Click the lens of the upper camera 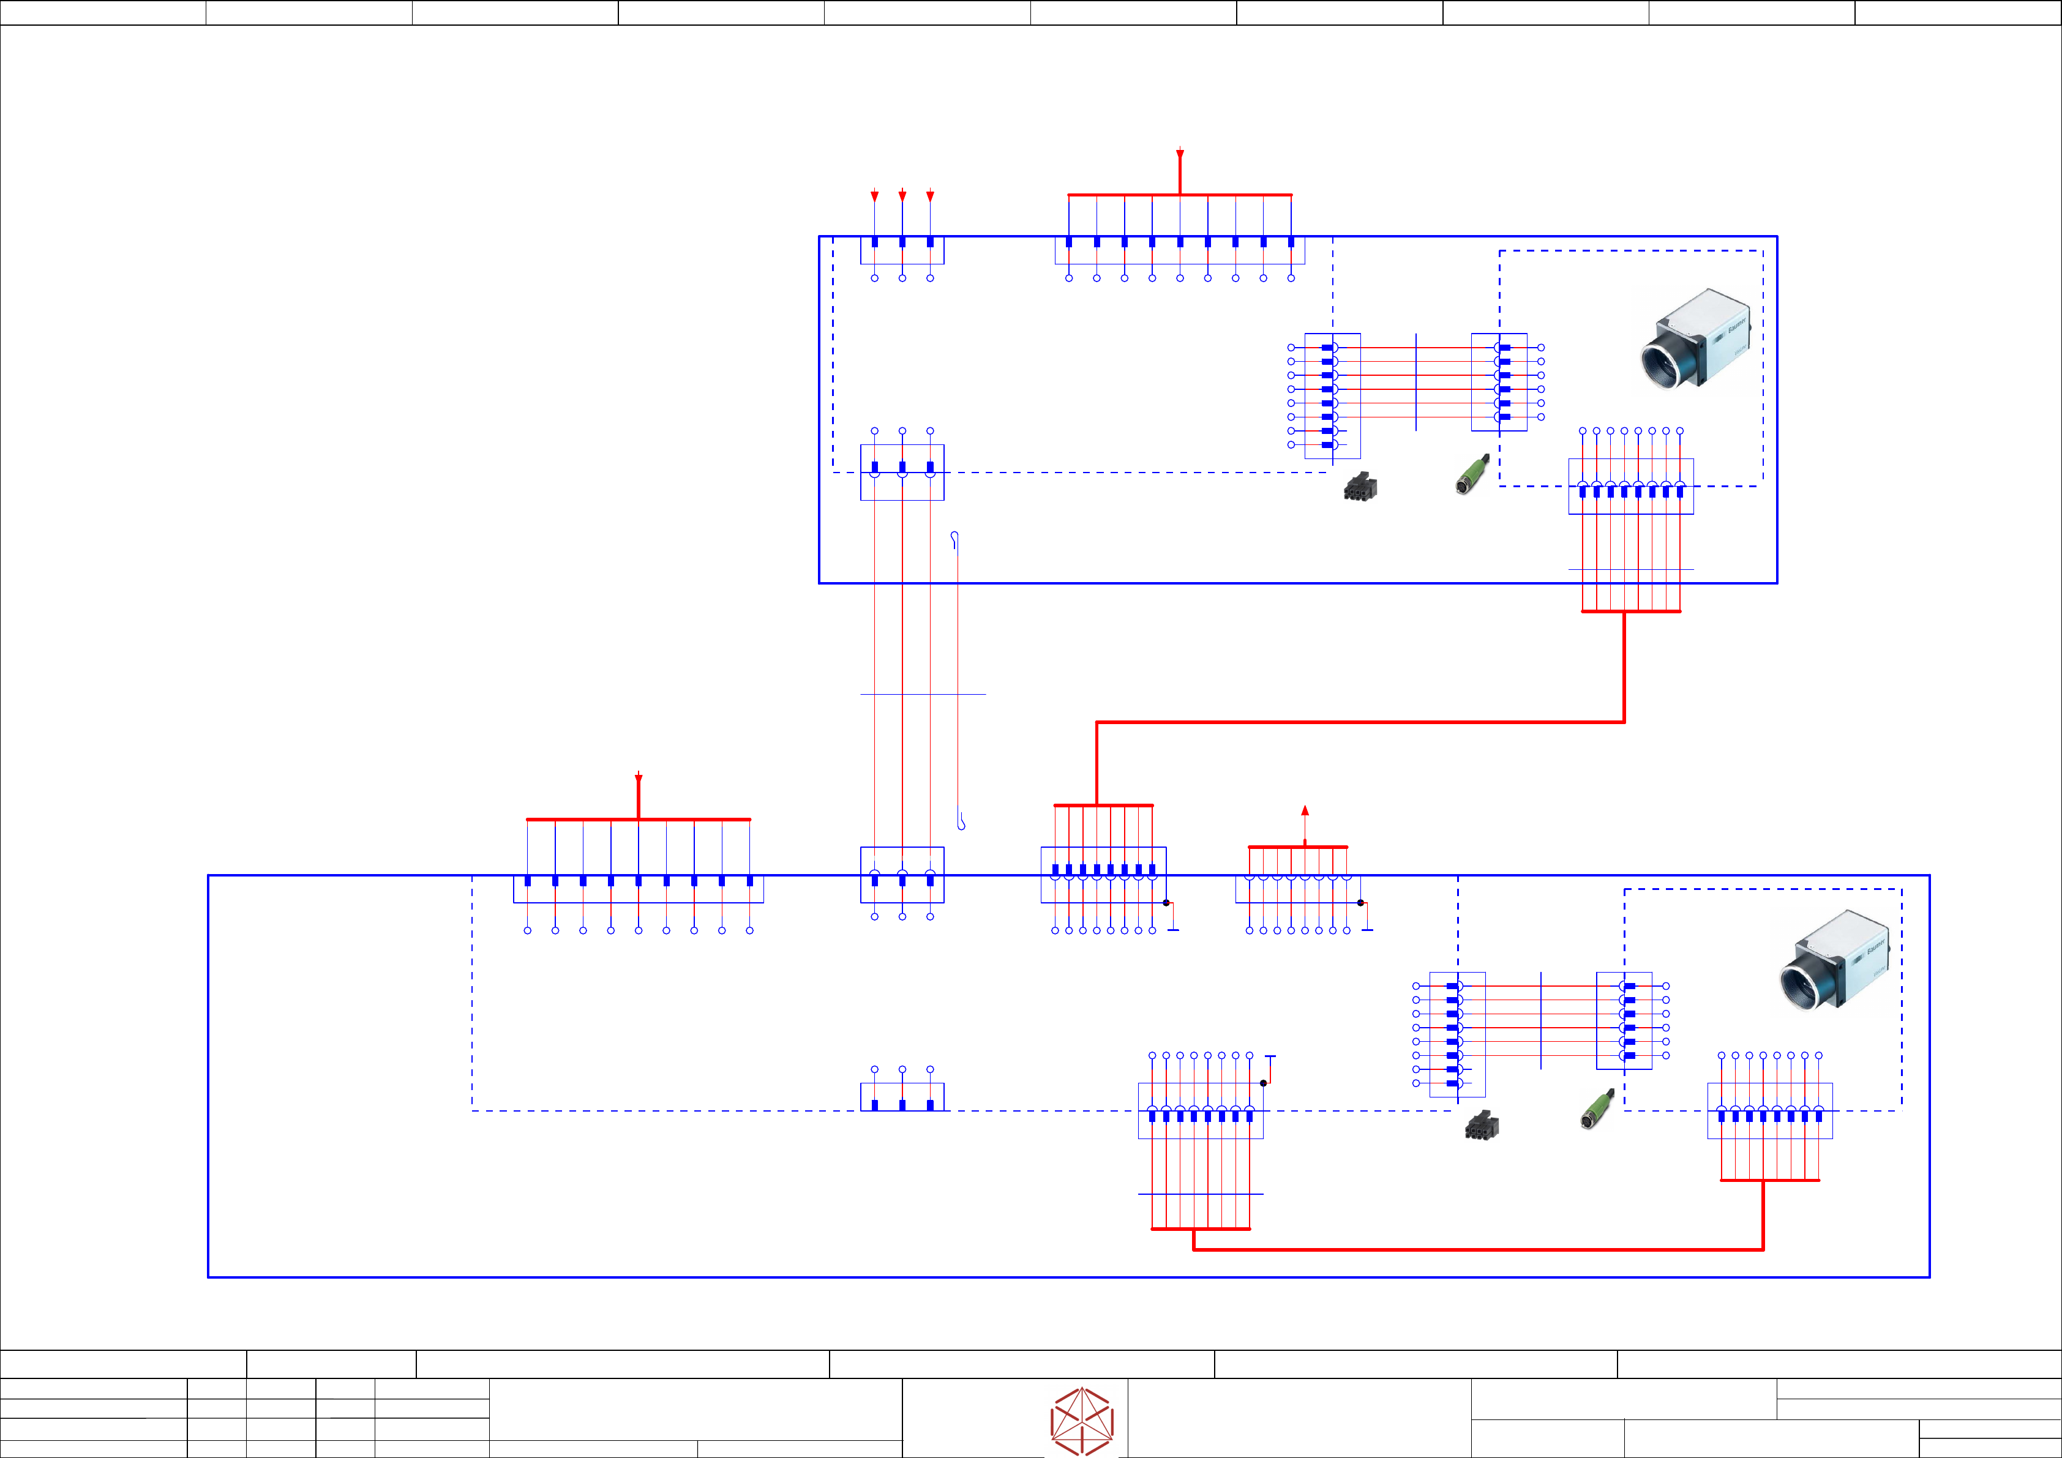click(1662, 365)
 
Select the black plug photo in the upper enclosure click(1360, 487)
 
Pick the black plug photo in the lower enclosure click(1481, 1125)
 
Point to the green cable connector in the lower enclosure click(1596, 1110)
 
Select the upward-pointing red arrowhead click(1305, 810)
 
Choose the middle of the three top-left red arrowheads click(902, 196)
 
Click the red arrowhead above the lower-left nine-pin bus click(639, 779)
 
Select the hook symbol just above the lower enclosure click(961, 821)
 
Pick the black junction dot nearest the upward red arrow click(1360, 902)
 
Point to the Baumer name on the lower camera click(1875, 949)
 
